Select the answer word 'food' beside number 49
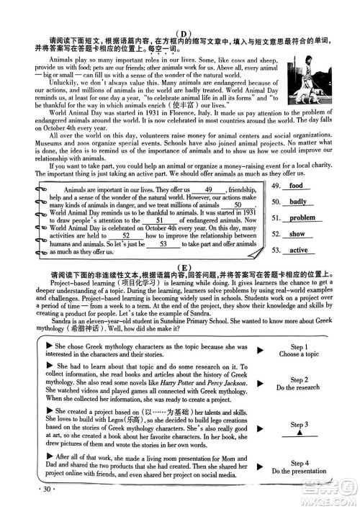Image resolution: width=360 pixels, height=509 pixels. tap(295, 186)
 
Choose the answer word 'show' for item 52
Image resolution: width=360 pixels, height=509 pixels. tap(297, 234)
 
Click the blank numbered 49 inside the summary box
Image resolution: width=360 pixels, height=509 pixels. tap(210, 189)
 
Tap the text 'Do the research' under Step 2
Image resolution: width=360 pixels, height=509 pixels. tap(298, 388)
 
